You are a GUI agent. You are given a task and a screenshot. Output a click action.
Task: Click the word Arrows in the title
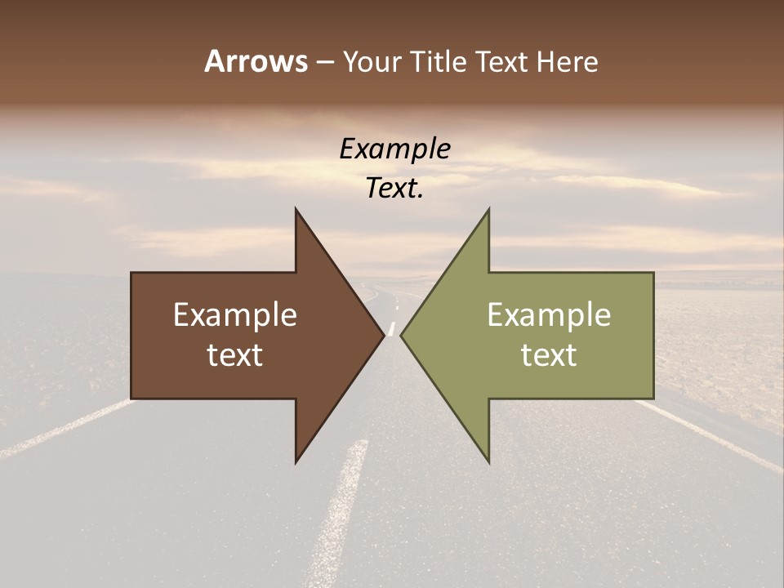point(255,61)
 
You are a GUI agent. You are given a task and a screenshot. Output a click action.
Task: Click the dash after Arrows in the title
point(324,62)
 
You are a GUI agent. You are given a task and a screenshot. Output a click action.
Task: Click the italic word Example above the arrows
point(395,149)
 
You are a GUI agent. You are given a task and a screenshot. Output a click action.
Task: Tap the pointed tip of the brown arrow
point(383,335)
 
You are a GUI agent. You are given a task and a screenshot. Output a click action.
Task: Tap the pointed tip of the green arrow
point(402,335)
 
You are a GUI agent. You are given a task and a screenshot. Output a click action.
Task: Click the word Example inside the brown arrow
point(235,314)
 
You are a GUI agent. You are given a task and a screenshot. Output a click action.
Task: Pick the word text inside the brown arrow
point(235,355)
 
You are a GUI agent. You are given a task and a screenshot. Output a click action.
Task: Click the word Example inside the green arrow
point(549,314)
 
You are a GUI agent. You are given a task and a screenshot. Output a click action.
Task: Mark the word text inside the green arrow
point(549,355)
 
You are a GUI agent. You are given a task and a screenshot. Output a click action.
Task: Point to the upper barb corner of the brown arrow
point(296,210)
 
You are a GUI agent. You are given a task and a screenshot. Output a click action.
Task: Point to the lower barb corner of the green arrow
point(488,462)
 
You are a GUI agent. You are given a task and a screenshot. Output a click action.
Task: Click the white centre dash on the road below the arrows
point(343,506)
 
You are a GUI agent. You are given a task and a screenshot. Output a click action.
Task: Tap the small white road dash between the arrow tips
point(393,328)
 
